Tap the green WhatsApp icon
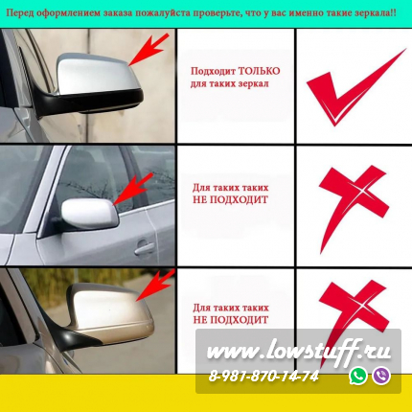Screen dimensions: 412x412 (x=358, y=376)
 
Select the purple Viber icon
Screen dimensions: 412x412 (x=381, y=376)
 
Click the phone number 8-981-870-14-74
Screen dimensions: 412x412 (x=263, y=377)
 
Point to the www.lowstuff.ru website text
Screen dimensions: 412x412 (x=299, y=352)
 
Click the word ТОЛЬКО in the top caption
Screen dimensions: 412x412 (x=260, y=71)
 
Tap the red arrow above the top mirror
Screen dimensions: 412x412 (x=149, y=50)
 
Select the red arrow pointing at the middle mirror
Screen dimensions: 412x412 (x=133, y=189)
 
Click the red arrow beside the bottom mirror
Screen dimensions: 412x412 (x=155, y=285)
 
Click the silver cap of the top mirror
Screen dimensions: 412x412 (x=98, y=74)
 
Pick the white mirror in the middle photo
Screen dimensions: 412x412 (x=89, y=213)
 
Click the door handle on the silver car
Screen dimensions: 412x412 (x=145, y=248)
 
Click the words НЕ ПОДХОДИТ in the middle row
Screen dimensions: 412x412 (x=230, y=200)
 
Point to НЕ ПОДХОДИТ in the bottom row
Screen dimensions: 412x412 (x=230, y=320)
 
